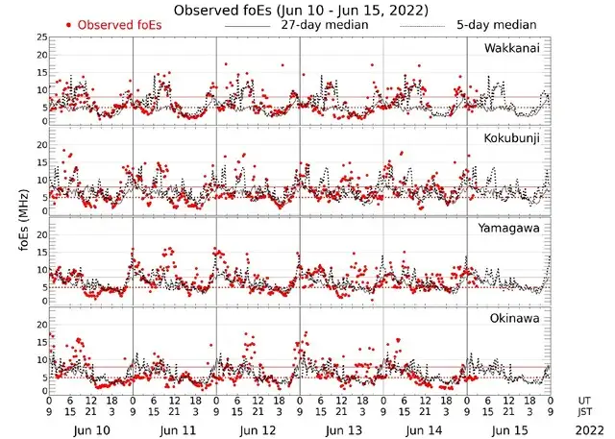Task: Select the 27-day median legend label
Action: [325, 24]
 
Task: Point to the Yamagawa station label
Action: [512, 229]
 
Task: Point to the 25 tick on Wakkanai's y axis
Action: [40, 37]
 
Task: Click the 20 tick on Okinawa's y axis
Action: [40, 324]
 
